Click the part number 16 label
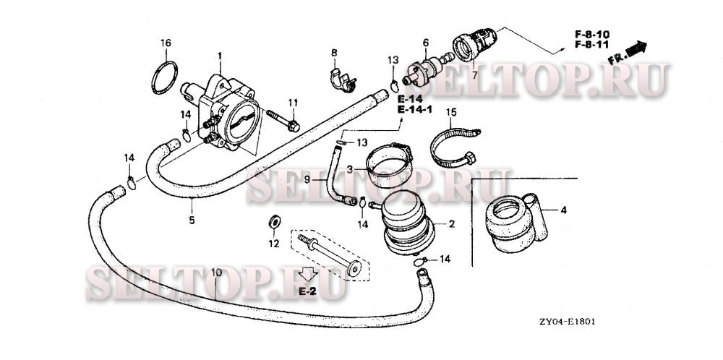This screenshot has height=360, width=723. click(x=166, y=43)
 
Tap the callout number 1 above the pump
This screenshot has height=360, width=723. click(x=221, y=55)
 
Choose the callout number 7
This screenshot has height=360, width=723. click(x=474, y=74)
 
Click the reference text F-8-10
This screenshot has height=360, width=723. click(x=592, y=35)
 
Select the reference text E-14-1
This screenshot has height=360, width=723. click(x=414, y=110)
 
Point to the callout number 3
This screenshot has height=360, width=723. click(x=348, y=169)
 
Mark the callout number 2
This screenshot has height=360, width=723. click(x=451, y=225)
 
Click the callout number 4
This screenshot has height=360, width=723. click(x=564, y=211)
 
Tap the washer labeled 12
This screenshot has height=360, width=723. click(x=275, y=220)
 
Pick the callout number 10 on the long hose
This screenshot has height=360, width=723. click(x=215, y=273)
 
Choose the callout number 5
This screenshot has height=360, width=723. click(x=192, y=220)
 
